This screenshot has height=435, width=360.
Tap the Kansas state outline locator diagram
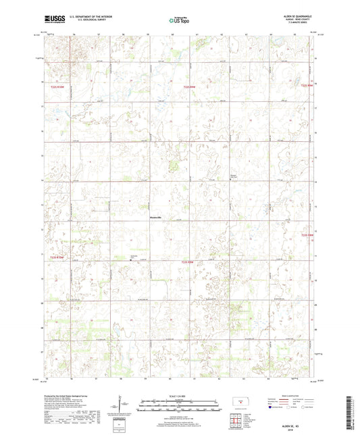(x=238, y=404)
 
